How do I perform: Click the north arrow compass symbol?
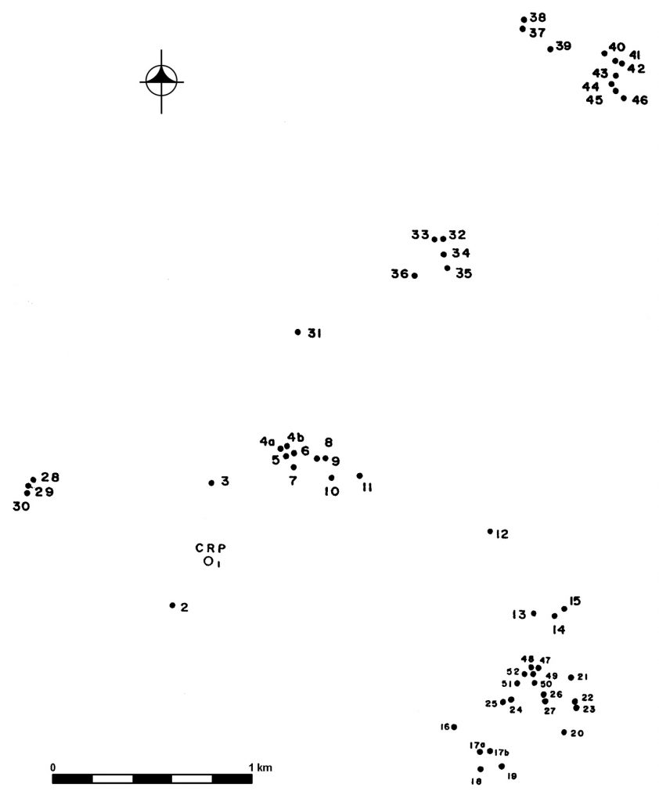click(x=161, y=81)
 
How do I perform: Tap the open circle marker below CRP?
click(x=208, y=562)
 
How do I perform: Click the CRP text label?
click(x=211, y=547)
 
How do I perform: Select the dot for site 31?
click(x=298, y=332)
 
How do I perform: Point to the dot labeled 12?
click(x=490, y=532)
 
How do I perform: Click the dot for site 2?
click(x=172, y=605)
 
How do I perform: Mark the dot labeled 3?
click(x=211, y=482)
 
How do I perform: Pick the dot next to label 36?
click(x=415, y=276)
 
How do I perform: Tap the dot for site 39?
click(x=550, y=49)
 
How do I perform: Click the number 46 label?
click(x=639, y=100)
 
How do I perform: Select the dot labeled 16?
click(x=454, y=727)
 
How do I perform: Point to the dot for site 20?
click(x=564, y=732)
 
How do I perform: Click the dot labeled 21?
click(x=571, y=677)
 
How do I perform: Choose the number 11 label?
click(x=367, y=488)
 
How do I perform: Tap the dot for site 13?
click(x=534, y=613)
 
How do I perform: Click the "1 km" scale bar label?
click(x=261, y=768)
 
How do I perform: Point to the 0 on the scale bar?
click(x=52, y=768)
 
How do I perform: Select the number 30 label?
click(x=21, y=507)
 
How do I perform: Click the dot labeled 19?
click(x=502, y=766)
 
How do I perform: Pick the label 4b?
click(x=296, y=437)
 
